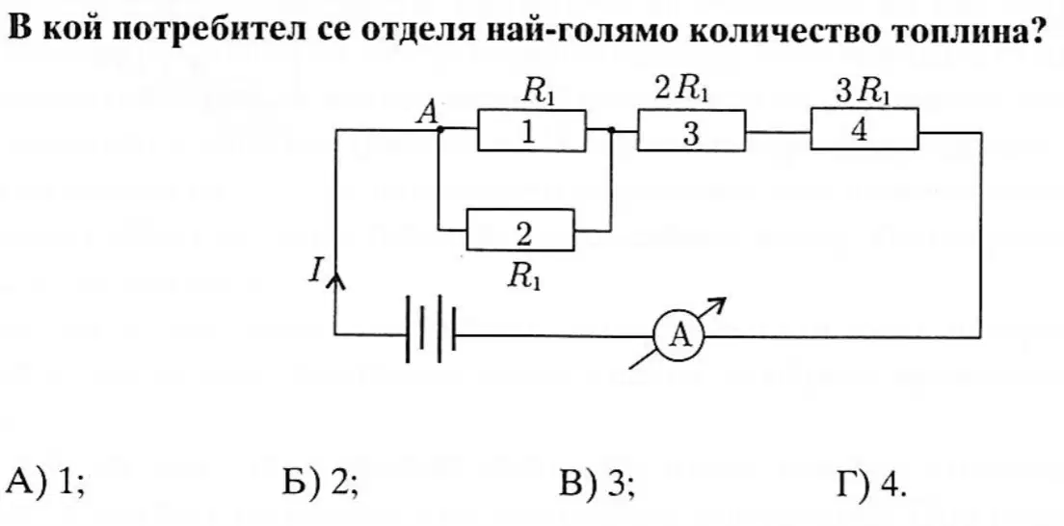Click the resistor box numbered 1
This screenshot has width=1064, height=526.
pyautogui.click(x=532, y=130)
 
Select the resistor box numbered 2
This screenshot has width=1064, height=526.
pyautogui.click(x=520, y=231)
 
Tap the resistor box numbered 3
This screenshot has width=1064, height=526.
pyautogui.click(x=691, y=131)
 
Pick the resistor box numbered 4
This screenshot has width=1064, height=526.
pyautogui.click(x=864, y=129)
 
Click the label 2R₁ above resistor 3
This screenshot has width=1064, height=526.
pyautogui.click(x=682, y=90)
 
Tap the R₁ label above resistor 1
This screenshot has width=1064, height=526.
pyautogui.click(x=539, y=91)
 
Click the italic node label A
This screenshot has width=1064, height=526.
pyautogui.click(x=427, y=112)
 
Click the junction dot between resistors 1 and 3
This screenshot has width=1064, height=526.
pyautogui.click(x=612, y=130)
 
